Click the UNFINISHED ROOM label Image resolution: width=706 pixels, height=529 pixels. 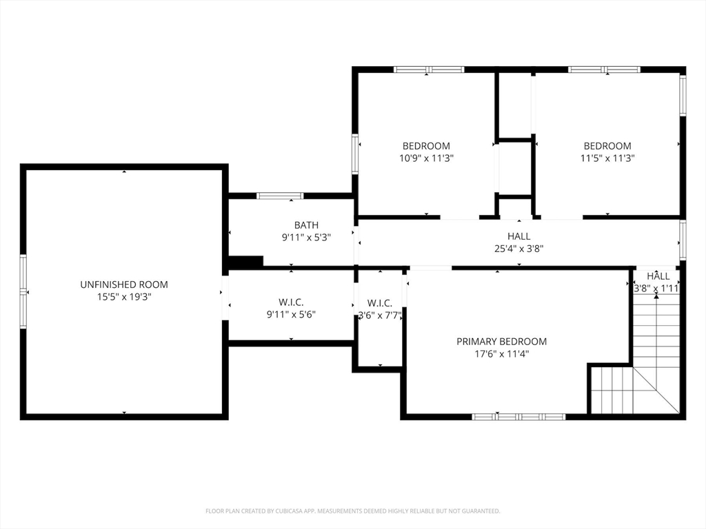124,284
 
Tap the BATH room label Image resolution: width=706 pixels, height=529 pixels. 306,225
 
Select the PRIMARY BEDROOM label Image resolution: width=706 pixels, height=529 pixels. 502,342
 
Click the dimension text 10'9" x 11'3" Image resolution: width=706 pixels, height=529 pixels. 426,158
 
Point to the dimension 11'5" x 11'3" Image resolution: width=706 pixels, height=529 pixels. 607,158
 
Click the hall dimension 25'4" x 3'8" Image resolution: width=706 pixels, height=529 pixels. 518,248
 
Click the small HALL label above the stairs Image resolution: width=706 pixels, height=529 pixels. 658,276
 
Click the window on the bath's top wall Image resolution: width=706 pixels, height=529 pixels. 280,196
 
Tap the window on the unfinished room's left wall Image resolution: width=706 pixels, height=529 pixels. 23,291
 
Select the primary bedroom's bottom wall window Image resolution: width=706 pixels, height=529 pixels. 518,417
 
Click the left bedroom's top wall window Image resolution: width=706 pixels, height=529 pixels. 429,70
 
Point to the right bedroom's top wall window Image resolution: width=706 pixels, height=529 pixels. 604,70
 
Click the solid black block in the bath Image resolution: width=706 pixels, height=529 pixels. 246,261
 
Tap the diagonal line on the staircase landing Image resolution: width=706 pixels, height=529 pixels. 656,390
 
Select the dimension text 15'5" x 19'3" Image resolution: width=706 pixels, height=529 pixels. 124,297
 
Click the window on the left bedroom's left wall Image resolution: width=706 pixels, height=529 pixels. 355,154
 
